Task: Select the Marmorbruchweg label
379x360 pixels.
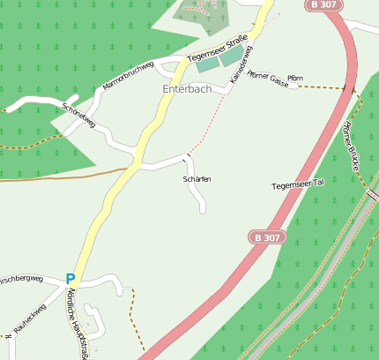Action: pyautogui.click(x=128, y=76)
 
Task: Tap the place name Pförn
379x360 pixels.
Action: pyautogui.click(x=295, y=79)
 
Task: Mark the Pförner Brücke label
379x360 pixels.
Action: pyautogui.click(x=351, y=145)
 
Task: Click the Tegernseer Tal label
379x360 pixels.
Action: pyautogui.click(x=299, y=184)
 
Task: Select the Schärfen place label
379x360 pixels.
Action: pyautogui.click(x=197, y=179)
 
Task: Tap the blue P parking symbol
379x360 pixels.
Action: pyautogui.click(x=71, y=279)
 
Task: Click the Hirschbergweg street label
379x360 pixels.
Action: pyautogui.click(x=19, y=279)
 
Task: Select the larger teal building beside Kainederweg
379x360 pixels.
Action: pyautogui.click(x=232, y=56)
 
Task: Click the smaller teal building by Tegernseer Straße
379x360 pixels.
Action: pyautogui.click(x=206, y=64)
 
